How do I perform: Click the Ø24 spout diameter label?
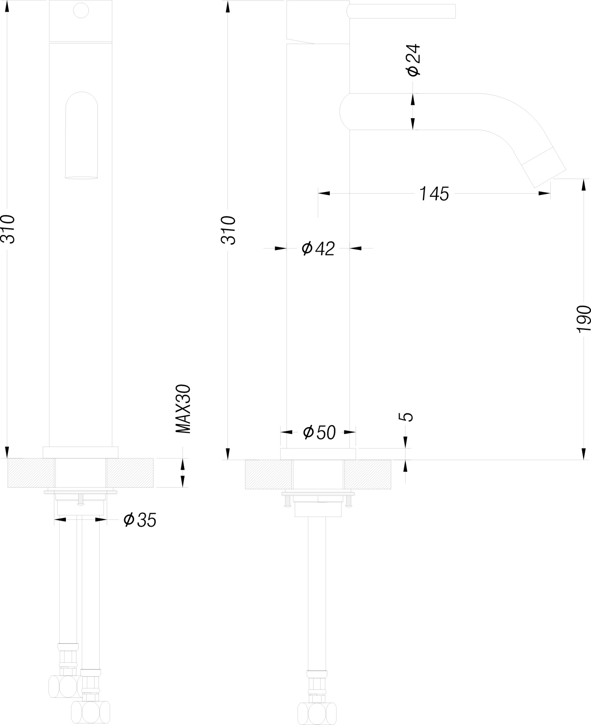[x=414, y=60]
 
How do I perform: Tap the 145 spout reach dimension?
[x=434, y=194]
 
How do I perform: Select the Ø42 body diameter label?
[x=318, y=249]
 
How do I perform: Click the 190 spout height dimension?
[x=583, y=319]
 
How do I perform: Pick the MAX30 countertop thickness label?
[x=183, y=409]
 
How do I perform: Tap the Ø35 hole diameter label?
[x=140, y=520]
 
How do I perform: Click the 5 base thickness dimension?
[x=407, y=417]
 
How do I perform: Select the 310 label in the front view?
[x=8, y=229]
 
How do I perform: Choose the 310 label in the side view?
[x=229, y=230]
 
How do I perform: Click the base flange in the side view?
[x=318, y=454]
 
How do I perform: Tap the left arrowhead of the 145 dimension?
[x=324, y=193]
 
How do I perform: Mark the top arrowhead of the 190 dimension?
[x=583, y=185]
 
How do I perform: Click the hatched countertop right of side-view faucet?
[x=367, y=474]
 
